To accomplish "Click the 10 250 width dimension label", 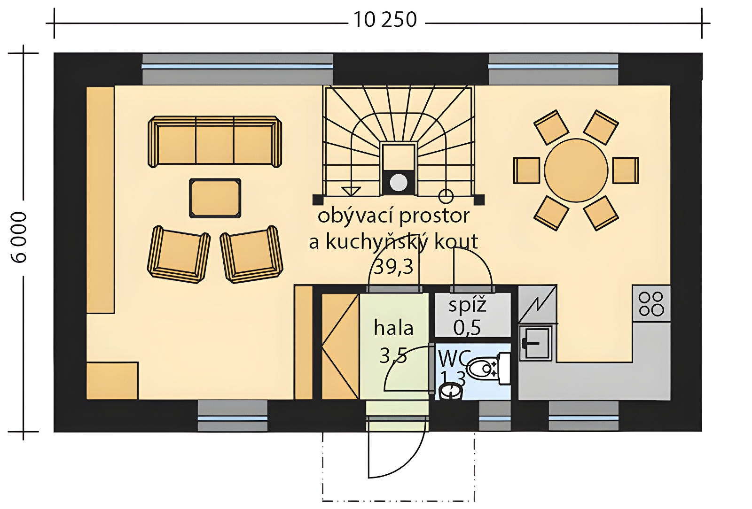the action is [x=385, y=20].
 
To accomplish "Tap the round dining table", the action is [x=576, y=170].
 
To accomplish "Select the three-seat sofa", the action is [x=215, y=142].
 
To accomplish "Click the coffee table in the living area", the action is [x=215, y=198].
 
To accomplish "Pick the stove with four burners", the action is [x=651, y=304].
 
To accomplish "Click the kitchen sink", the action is [x=535, y=343].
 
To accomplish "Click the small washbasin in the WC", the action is [x=450, y=392].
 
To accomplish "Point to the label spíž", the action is [x=468, y=306].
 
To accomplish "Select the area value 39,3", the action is [x=393, y=267].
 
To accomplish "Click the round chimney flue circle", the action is [x=399, y=182].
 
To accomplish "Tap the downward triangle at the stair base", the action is [x=351, y=191].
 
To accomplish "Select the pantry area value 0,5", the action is [x=467, y=328].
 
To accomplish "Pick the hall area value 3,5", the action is [x=393, y=355].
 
